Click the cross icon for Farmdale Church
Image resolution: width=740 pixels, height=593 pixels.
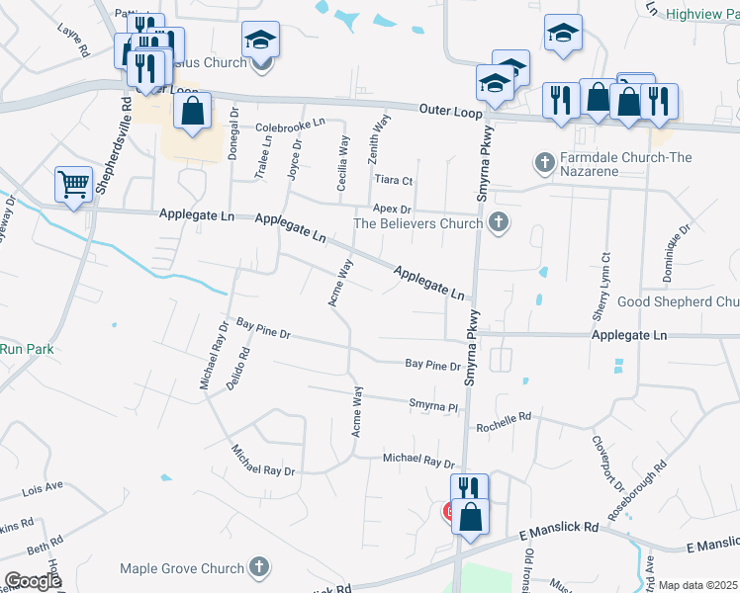click(x=543, y=159)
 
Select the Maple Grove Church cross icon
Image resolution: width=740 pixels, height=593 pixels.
click(x=258, y=567)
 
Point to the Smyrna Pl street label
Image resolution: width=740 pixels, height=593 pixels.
click(x=435, y=404)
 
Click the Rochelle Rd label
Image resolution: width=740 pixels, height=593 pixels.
click(x=504, y=422)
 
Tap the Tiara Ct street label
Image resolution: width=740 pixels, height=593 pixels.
click(x=394, y=180)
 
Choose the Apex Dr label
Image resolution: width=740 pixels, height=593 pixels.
click(x=392, y=210)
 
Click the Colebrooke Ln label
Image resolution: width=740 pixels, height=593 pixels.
click(x=290, y=126)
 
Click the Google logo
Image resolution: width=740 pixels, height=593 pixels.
click(x=32, y=581)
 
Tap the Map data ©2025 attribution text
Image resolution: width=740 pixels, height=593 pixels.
click(x=696, y=585)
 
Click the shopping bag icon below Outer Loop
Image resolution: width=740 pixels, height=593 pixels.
click(x=192, y=112)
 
